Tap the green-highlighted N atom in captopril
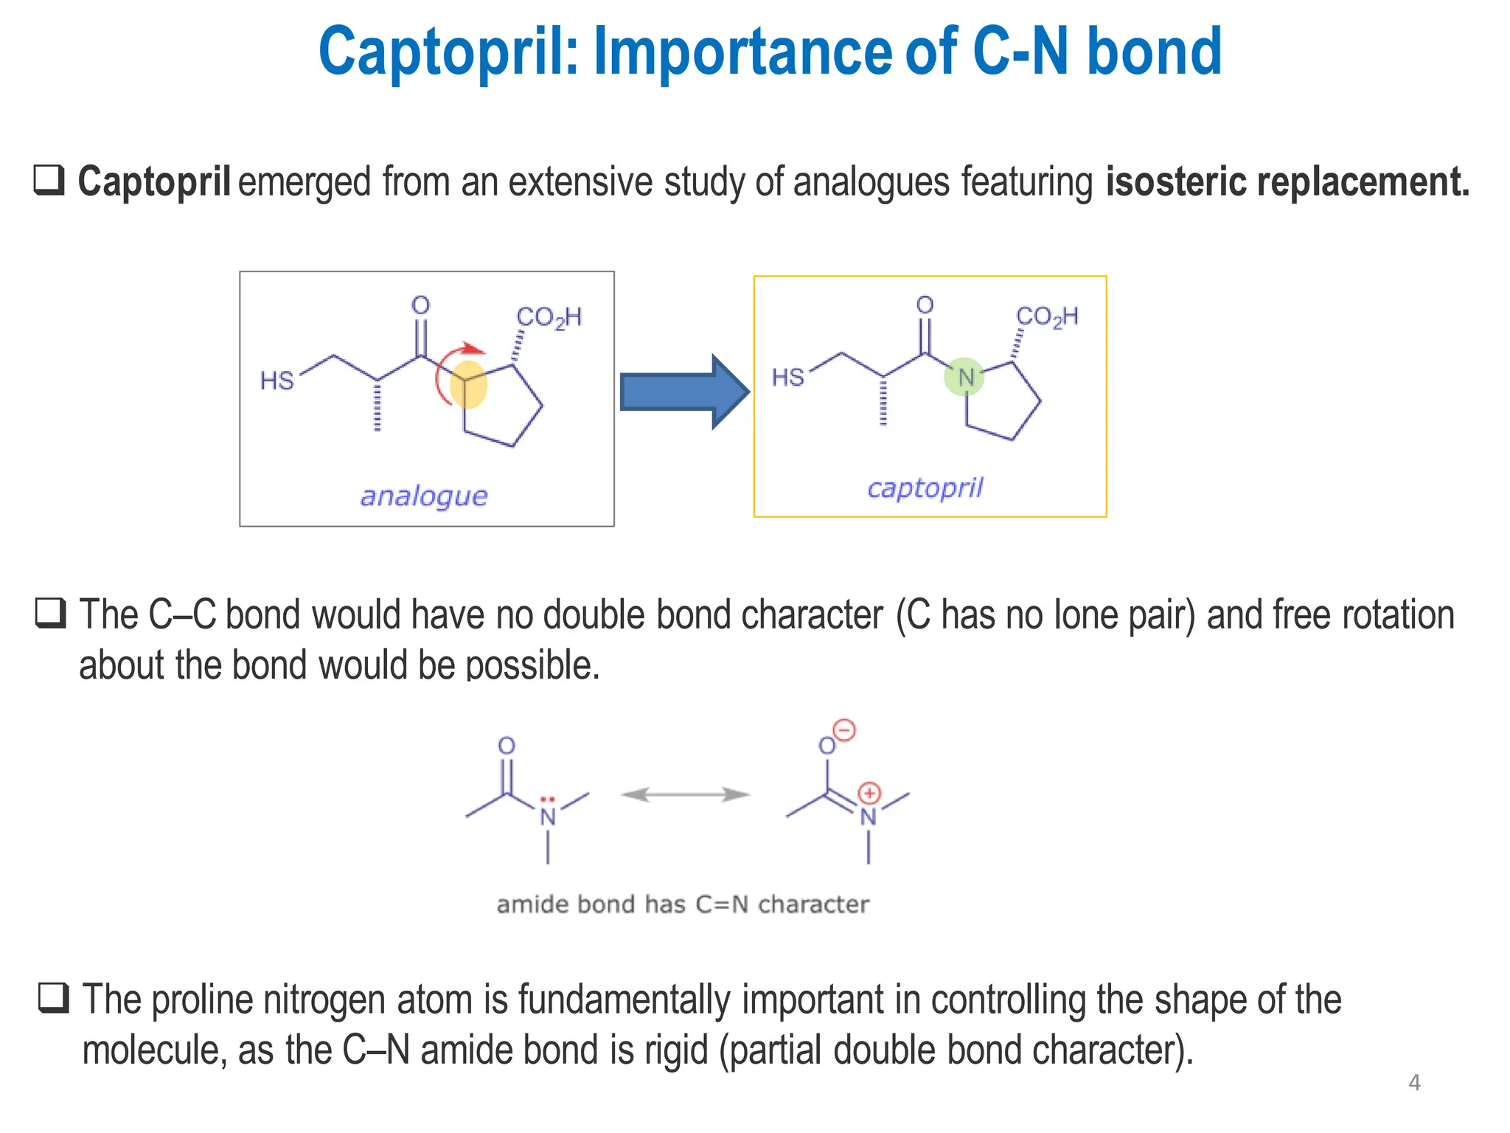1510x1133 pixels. click(x=964, y=377)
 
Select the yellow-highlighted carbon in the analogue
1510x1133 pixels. click(x=468, y=384)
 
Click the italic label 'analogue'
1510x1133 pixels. click(x=424, y=496)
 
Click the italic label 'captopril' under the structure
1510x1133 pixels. click(x=925, y=488)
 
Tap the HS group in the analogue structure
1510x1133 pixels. click(x=277, y=381)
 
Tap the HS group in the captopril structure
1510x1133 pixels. click(x=787, y=378)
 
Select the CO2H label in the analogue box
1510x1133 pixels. click(x=549, y=318)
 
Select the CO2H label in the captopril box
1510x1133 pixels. click(x=1047, y=317)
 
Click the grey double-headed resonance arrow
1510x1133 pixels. click(x=685, y=794)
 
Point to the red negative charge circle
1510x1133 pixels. click(x=845, y=730)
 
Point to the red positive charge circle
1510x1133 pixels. click(x=870, y=794)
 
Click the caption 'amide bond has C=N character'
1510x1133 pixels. click(x=683, y=904)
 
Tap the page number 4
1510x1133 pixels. click(x=1414, y=1083)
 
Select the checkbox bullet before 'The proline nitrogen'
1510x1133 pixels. click(x=54, y=998)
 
